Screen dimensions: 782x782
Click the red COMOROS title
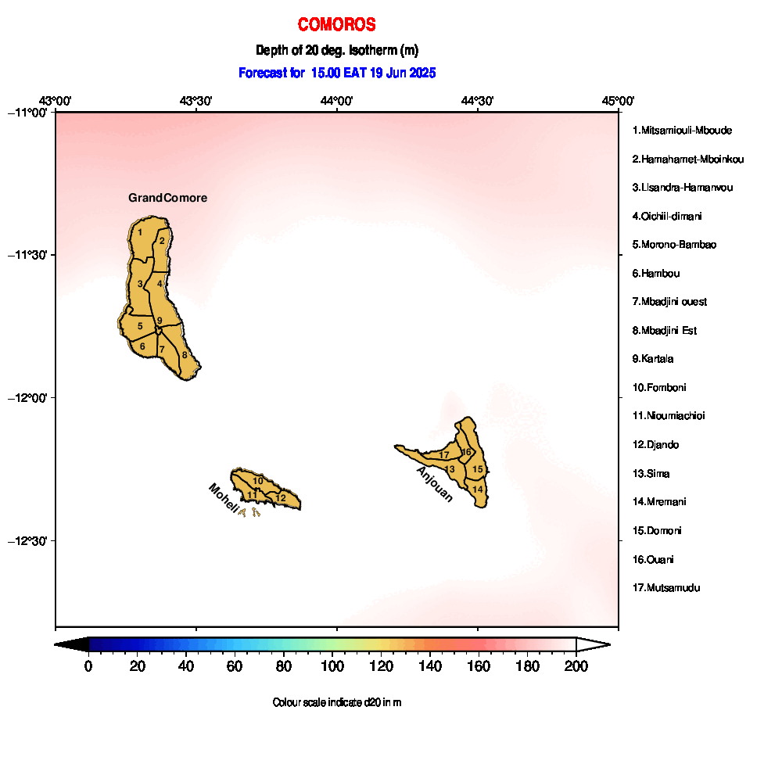[336, 24]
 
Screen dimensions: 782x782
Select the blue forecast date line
[337, 73]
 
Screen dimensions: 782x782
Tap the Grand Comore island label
[167, 198]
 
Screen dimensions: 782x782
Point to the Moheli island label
[224, 497]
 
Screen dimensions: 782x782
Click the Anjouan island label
[435, 484]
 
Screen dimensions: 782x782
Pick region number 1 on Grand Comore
[140, 232]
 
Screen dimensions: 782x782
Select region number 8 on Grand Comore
[185, 355]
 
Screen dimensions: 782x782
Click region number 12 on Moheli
[281, 497]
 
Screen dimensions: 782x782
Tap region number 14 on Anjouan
[478, 490]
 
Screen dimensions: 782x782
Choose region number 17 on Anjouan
[444, 455]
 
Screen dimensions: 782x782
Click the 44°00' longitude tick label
[336, 101]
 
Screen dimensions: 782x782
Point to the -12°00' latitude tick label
[28, 398]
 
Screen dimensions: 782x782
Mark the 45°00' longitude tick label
[618, 101]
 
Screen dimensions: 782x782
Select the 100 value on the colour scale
[332, 666]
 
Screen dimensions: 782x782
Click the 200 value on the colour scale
[576, 666]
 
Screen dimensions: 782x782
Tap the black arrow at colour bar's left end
[71, 645]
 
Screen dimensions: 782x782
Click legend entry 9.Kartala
[653, 359]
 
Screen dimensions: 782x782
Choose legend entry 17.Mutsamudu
[666, 588]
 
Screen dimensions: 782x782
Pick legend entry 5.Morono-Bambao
[674, 245]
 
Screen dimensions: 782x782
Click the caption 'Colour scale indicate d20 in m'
[337, 703]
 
